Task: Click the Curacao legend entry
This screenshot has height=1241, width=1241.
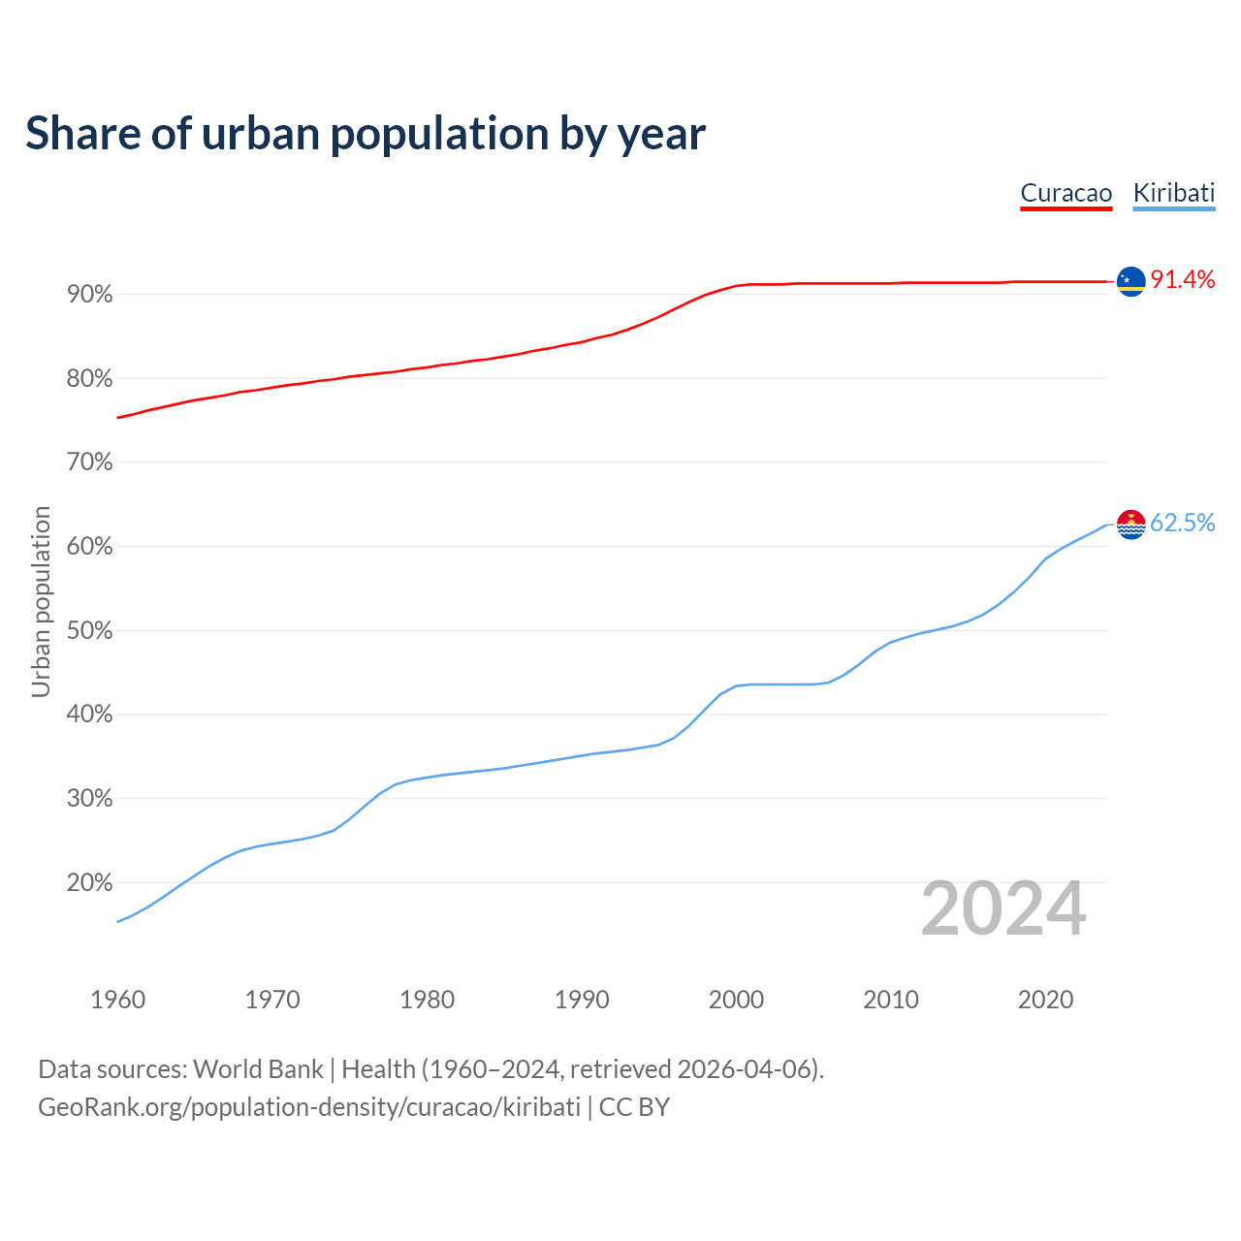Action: (x=1066, y=193)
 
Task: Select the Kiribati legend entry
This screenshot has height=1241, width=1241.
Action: (x=1173, y=193)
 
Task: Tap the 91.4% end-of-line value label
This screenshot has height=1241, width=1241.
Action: (x=1182, y=280)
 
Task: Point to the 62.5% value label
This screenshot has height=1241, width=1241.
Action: (x=1182, y=524)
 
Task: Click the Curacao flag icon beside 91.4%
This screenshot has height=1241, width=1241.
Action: (x=1130, y=281)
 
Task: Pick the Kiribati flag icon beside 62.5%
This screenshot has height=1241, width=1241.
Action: (x=1130, y=525)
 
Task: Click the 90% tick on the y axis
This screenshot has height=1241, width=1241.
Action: (x=89, y=295)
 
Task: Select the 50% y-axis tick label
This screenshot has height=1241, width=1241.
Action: (x=89, y=631)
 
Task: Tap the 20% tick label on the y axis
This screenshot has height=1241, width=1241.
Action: (x=89, y=883)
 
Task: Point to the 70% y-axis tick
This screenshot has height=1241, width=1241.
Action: (x=89, y=462)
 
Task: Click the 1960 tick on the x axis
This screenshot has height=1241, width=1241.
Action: (x=117, y=1000)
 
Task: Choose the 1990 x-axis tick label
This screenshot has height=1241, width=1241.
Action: (x=582, y=1000)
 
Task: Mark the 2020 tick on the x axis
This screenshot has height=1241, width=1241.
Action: (x=1045, y=1000)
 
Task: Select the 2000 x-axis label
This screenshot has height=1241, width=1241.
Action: (x=736, y=1000)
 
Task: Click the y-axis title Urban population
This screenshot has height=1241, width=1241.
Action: (x=41, y=601)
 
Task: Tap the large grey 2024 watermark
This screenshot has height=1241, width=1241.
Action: (x=1003, y=909)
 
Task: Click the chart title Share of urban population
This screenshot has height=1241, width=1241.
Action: (x=365, y=134)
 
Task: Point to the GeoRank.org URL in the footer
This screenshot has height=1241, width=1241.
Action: (x=309, y=1107)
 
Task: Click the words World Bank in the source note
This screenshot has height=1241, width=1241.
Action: (x=258, y=1069)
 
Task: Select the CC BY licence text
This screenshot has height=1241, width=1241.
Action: (x=634, y=1107)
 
